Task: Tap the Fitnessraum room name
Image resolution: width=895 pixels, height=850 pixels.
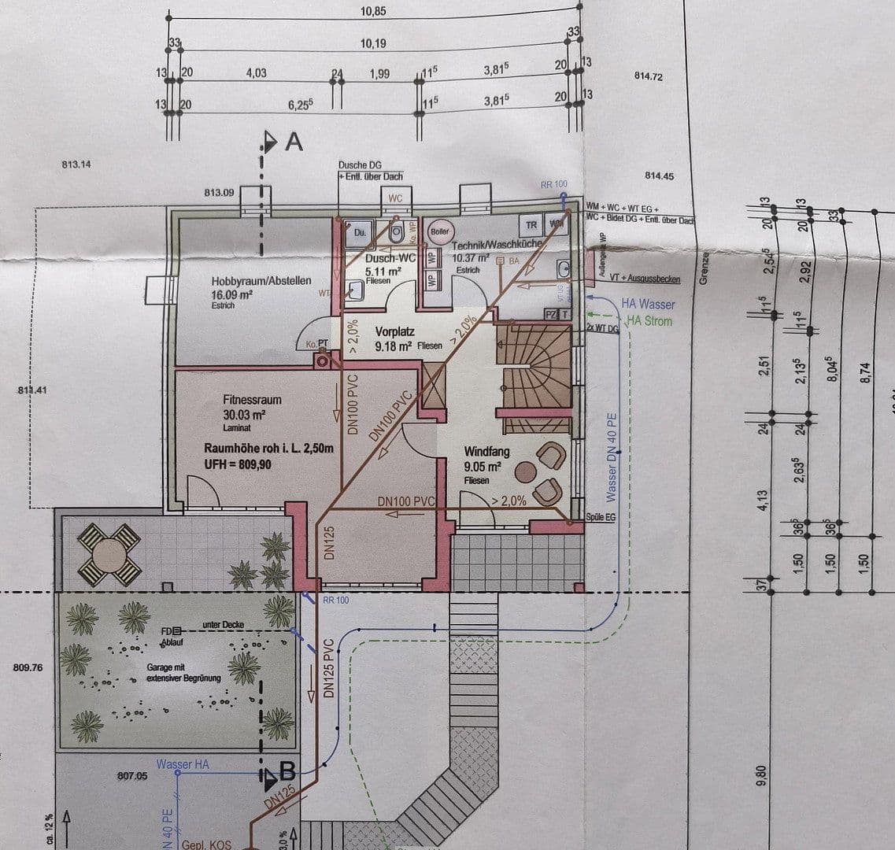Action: pyautogui.click(x=252, y=400)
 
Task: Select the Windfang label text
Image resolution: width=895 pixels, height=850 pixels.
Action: pyautogui.click(x=487, y=453)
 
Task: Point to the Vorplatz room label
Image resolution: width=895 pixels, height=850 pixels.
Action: pyautogui.click(x=394, y=332)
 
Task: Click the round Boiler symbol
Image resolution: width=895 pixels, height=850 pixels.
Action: pyautogui.click(x=439, y=231)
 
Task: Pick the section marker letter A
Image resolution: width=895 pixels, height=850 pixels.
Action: pyautogui.click(x=294, y=142)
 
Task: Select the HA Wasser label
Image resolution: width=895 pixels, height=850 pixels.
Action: pyautogui.click(x=647, y=304)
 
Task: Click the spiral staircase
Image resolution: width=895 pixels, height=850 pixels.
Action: pyautogui.click(x=533, y=370)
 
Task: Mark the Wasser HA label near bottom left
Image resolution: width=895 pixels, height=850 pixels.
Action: pyautogui.click(x=183, y=763)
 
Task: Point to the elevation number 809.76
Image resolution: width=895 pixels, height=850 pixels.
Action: pyautogui.click(x=28, y=667)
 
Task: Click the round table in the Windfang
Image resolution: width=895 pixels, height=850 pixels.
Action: pyautogui.click(x=525, y=472)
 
